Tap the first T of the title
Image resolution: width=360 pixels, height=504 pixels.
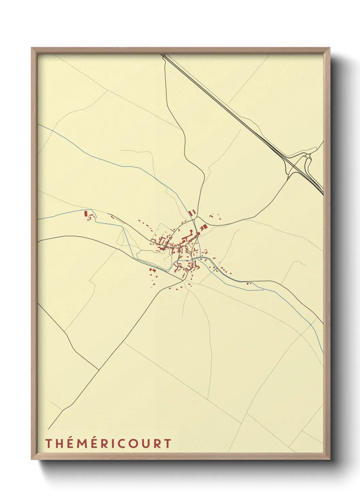(49, 443)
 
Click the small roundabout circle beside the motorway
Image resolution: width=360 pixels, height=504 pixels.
(308, 156)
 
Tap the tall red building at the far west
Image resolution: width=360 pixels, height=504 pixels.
(86, 214)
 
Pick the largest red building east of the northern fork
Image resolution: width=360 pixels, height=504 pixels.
(204, 227)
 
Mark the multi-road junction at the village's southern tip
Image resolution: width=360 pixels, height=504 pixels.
(184, 281)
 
